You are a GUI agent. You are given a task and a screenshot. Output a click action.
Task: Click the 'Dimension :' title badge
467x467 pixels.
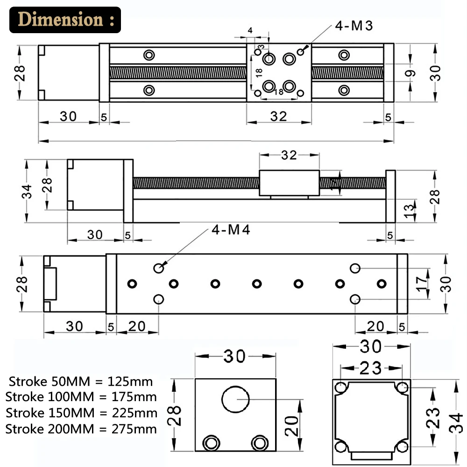(x=65, y=20)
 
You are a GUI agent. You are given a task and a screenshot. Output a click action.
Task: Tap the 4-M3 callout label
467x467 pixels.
(x=354, y=26)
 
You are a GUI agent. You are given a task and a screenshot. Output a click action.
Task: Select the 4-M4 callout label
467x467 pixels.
(x=231, y=230)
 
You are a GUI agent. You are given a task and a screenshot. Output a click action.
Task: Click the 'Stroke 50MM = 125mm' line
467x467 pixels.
(x=80, y=381)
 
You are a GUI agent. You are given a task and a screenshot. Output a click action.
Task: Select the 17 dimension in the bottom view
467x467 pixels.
(x=422, y=283)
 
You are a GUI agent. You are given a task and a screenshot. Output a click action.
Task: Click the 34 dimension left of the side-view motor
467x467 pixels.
(x=28, y=191)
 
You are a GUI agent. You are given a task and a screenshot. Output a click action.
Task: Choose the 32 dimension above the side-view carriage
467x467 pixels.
(x=289, y=155)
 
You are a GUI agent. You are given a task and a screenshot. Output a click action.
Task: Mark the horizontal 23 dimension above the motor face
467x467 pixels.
(x=371, y=368)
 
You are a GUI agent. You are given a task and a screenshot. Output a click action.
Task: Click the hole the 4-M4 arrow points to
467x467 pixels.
(x=159, y=268)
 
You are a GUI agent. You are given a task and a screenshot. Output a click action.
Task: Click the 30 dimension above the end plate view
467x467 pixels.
(x=235, y=357)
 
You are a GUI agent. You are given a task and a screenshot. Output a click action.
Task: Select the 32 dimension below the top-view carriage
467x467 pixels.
(x=279, y=116)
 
